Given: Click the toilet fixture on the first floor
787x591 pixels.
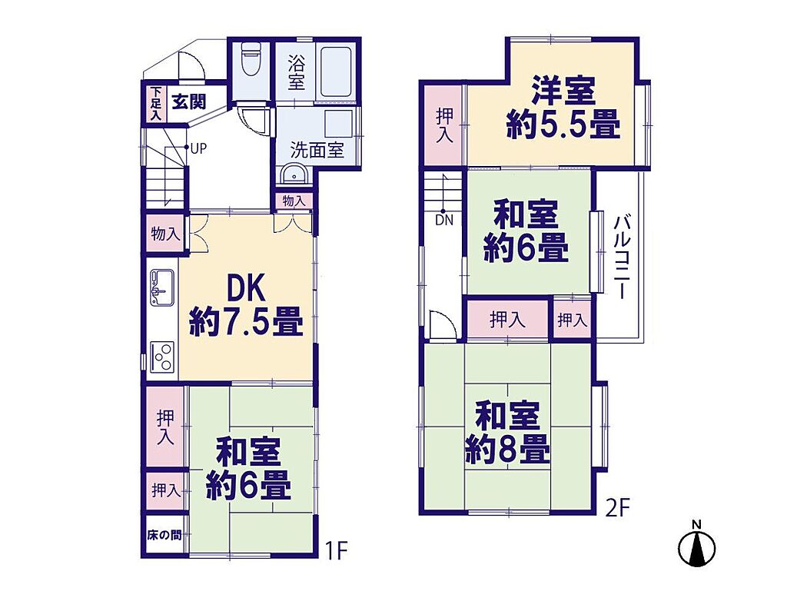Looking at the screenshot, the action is [250, 58].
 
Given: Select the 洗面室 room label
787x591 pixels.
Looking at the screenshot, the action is [317, 150].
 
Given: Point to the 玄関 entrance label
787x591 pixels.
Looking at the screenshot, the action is [189, 102].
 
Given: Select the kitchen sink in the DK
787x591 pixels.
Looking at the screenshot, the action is [162, 287].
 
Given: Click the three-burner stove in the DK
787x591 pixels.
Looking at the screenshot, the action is [162, 356].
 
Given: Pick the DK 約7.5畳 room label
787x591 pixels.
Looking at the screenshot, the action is [246, 307].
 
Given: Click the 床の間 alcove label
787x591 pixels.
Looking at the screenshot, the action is [164, 536].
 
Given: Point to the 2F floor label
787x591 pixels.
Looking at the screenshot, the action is [617, 509].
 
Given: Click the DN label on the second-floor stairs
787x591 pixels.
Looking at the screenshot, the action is [443, 221].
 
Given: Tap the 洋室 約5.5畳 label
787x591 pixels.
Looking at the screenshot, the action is [563, 107].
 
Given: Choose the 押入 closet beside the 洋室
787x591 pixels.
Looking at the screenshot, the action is [443, 125].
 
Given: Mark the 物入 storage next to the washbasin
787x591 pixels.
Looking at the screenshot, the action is [294, 201].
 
